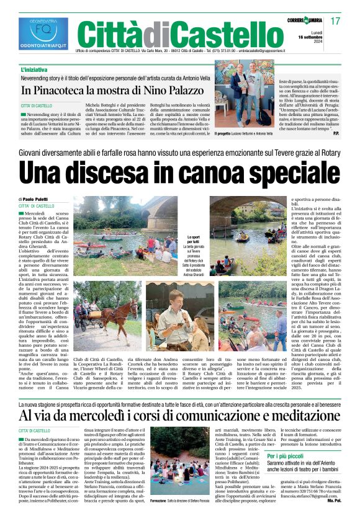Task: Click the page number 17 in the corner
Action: pos(335,21)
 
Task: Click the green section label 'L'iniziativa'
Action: pos(34,70)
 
